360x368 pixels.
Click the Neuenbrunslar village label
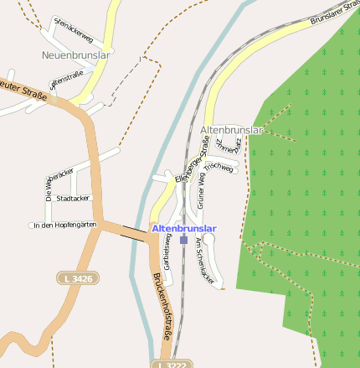76,55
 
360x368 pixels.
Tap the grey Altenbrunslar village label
232,130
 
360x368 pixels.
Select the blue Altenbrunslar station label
184,228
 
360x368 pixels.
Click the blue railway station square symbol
184,240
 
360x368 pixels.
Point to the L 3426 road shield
76,277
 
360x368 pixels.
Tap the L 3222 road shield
173,365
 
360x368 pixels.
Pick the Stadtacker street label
73,199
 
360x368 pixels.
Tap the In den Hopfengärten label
65,225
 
